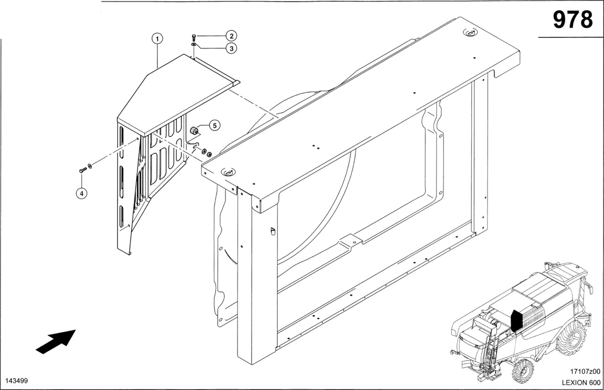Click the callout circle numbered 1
tap(157, 39)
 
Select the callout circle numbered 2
tap(231, 36)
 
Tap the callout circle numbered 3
tap(231, 48)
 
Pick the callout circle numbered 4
tap(82, 193)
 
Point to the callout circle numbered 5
tap(214, 125)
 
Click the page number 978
tap(572, 20)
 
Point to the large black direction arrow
tap(56, 341)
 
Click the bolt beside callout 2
tap(194, 37)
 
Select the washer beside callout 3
tap(194, 44)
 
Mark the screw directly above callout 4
tap(82, 170)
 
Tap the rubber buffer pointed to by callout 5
tap(193, 130)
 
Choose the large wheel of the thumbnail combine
tap(570, 341)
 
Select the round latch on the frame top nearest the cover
tap(228, 172)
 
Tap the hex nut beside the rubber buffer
tap(209, 154)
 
